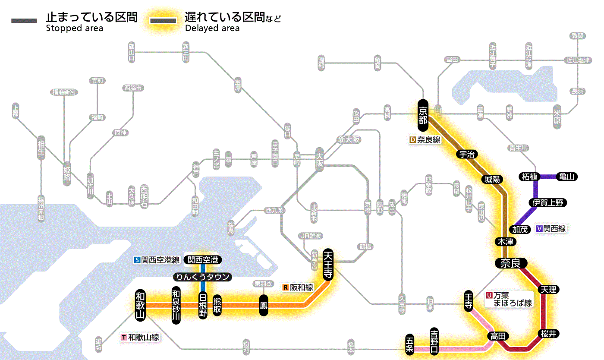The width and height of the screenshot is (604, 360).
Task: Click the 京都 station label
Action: coord(423,115)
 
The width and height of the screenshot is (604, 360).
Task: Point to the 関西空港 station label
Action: coord(203,260)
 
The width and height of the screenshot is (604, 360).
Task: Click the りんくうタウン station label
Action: coord(202,277)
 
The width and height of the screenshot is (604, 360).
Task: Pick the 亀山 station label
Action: coord(567,177)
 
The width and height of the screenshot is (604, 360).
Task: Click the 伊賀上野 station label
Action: coord(548,202)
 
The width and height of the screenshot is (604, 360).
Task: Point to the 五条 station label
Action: coord(409,344)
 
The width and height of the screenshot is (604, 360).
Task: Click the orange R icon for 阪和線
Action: coord(286,287)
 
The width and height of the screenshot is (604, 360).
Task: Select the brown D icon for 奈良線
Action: coord(412,140)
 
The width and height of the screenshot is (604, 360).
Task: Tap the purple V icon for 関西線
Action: coord(539,229)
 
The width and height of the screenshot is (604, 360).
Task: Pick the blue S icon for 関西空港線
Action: coord(138,260)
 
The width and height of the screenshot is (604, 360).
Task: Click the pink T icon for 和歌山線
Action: coord(124,338)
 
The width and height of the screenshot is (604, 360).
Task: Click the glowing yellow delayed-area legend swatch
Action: coord(163,21)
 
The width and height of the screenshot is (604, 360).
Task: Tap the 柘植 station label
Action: coord(529,177)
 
